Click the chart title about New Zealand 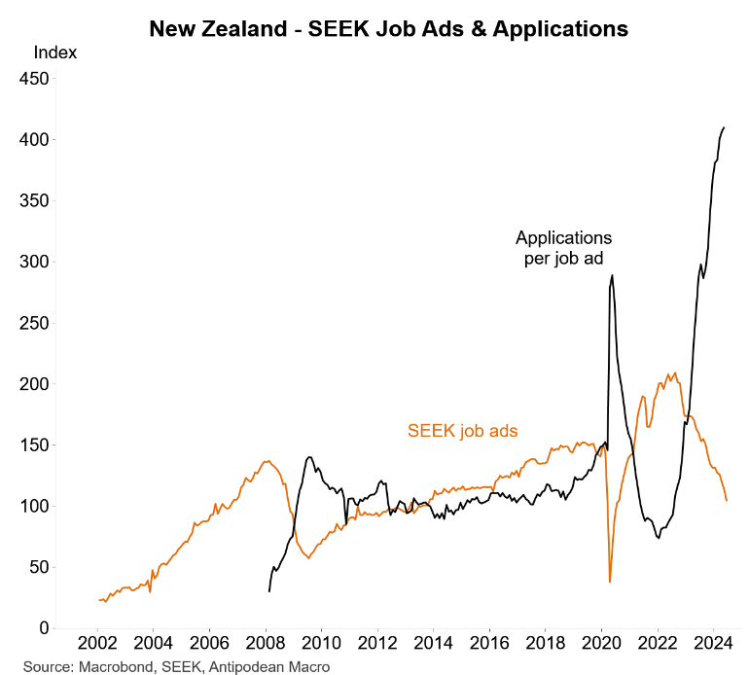(x=388, y=29)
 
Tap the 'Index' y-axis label (x=54, y=53)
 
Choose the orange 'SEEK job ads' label (x=461, y=429)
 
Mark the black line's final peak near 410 (x=724, y=127)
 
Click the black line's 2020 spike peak (x=612, y=275)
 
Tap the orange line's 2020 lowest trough (x=610, y=582)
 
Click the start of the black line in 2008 (x=269, y=590)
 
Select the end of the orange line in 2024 (x=727, y=500)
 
